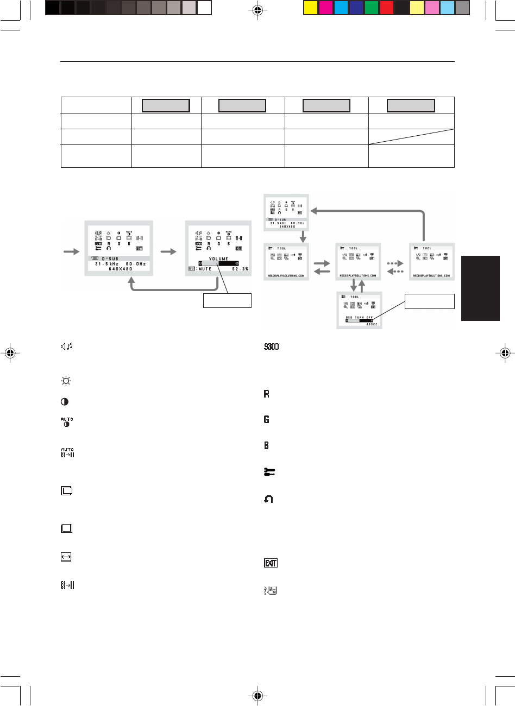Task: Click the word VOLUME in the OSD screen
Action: pos(218,259)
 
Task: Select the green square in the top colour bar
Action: pos(372,8)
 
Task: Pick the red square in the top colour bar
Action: pos(387,8)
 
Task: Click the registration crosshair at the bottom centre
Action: pos(257,695)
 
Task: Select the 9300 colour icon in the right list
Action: pos(271,347)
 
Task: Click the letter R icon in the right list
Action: pos(267,393)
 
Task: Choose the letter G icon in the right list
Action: pos(267,419)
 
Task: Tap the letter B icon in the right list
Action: pos(267,445)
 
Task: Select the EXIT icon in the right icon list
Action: pos(271,563)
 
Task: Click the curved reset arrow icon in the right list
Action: pos(268,500)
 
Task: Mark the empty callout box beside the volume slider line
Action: pos(227,300)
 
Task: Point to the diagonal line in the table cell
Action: pos(411,136)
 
